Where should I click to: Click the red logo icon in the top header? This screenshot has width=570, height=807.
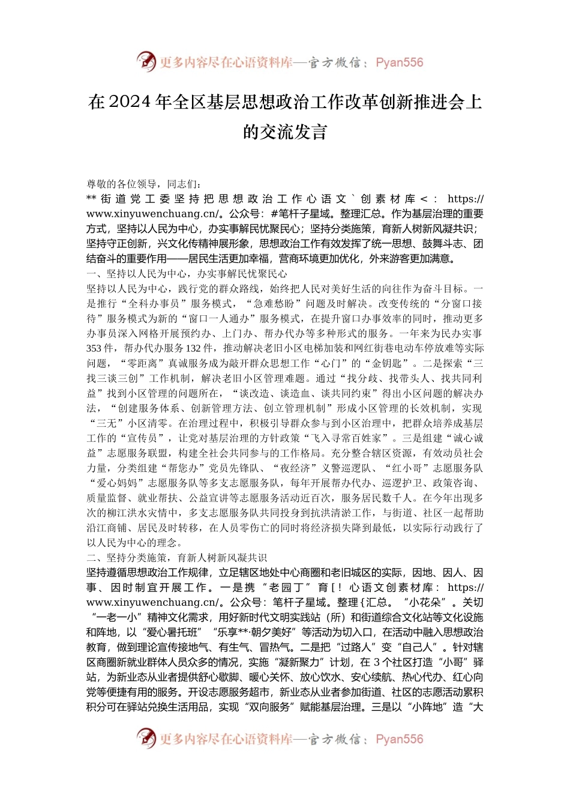click(146, 61)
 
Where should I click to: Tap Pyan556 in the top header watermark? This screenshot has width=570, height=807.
click(399, 62)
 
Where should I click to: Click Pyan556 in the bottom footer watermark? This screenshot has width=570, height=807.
click(399, 739)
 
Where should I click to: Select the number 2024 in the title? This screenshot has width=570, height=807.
click(130, 103)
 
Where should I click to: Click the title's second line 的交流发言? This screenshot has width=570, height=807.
click(285, 132)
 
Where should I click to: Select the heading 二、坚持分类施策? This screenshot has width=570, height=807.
click(131, 558)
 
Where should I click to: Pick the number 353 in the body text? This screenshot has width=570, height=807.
click(94, 348)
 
